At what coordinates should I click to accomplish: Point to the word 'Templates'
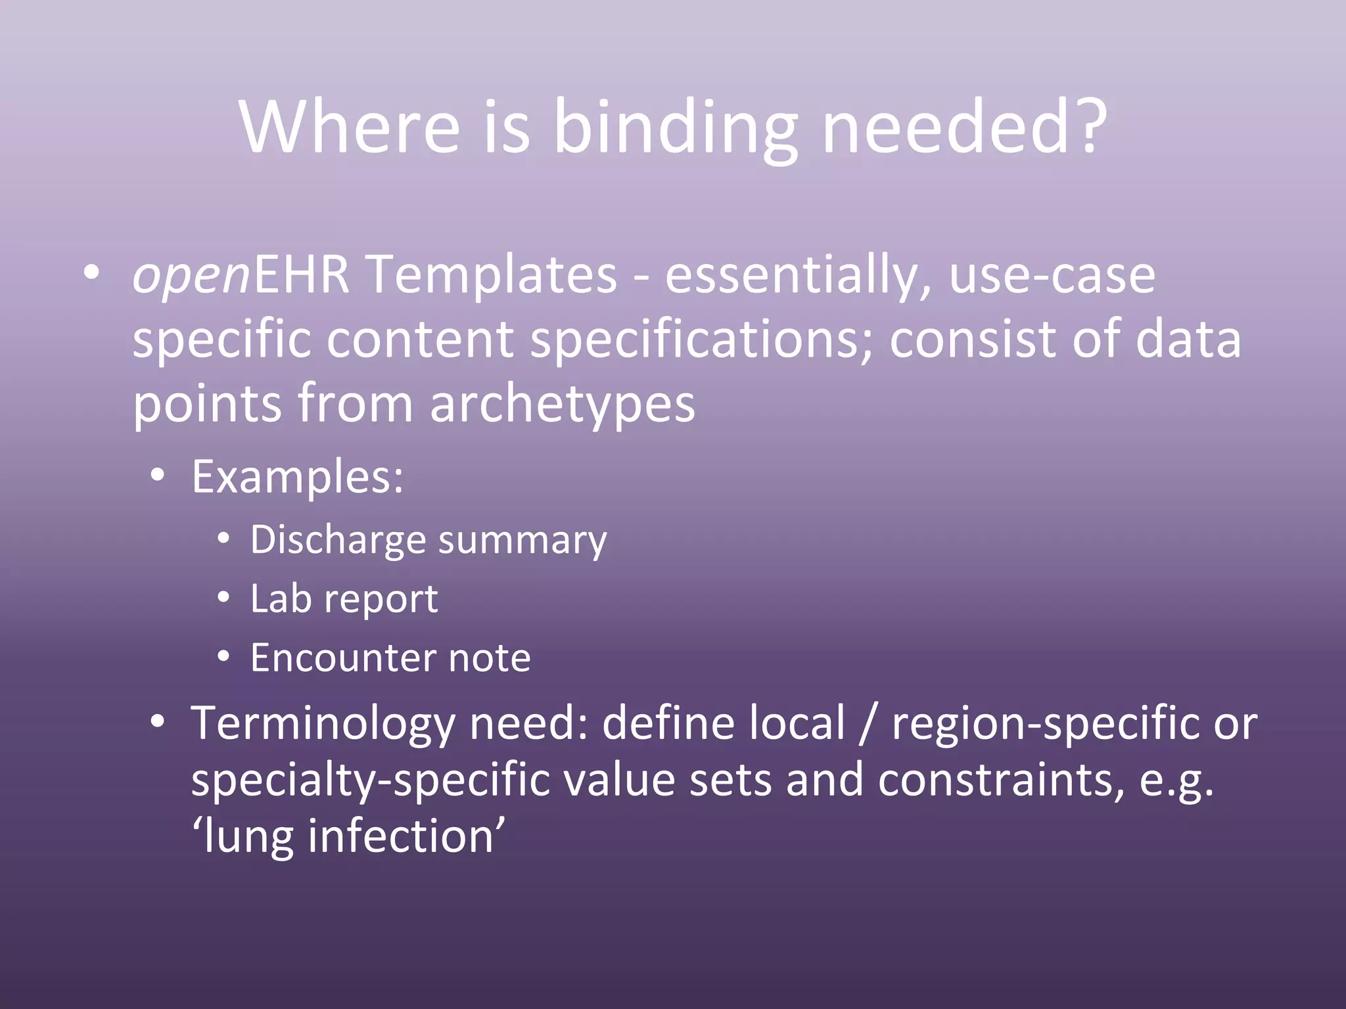click(x=492, y=275)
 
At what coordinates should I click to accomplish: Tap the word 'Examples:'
click(x=297, y=476)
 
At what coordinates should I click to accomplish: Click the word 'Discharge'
click(x=338, y=541)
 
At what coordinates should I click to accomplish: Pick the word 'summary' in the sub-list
click(x=522, y=541)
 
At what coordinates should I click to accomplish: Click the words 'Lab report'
click(x=344, y=599)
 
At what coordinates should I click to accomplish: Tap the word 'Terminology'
click(x=322, y=723)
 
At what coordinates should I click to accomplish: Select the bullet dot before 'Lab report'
click(x=224, y=598)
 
